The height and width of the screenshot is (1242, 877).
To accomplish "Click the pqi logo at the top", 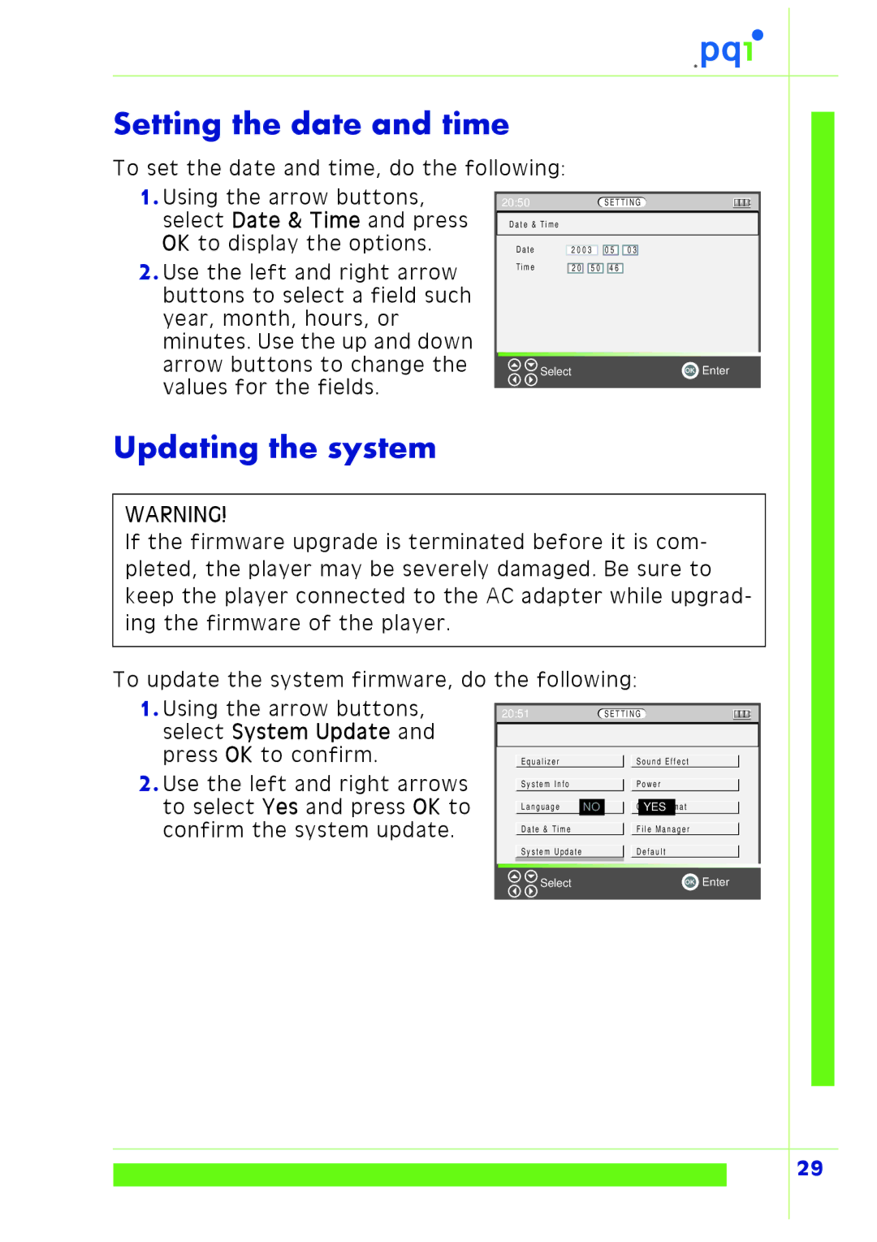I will (729, 50).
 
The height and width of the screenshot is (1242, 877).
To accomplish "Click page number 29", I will (810, 1168).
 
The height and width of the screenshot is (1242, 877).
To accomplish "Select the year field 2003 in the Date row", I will (581, 250).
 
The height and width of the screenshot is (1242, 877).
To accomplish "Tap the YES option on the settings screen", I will (655, 807).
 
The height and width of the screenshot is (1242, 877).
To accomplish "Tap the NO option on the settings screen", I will (591, 807).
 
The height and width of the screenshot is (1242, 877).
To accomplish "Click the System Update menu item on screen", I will (551, 852).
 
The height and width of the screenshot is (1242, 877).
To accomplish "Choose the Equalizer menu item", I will (540, 762).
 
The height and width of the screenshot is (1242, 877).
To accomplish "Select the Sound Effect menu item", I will (663, 762).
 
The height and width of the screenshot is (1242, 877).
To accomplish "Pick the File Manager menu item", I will (663, 829).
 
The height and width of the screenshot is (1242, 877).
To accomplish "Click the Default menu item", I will (651, 852).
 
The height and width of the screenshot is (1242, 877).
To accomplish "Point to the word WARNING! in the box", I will (176, 514).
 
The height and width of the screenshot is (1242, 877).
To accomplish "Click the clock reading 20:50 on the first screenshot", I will (516, 202).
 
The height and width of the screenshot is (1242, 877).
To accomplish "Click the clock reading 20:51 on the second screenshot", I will (515, 714).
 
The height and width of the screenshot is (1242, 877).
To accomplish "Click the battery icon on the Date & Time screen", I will (741, 202).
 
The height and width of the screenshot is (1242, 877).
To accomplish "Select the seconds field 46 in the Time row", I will (615, 268).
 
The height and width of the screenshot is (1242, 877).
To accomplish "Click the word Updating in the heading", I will (186, 448).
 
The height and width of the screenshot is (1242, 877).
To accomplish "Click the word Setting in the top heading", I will (167, 124).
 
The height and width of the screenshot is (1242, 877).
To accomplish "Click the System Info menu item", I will (545, 785).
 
